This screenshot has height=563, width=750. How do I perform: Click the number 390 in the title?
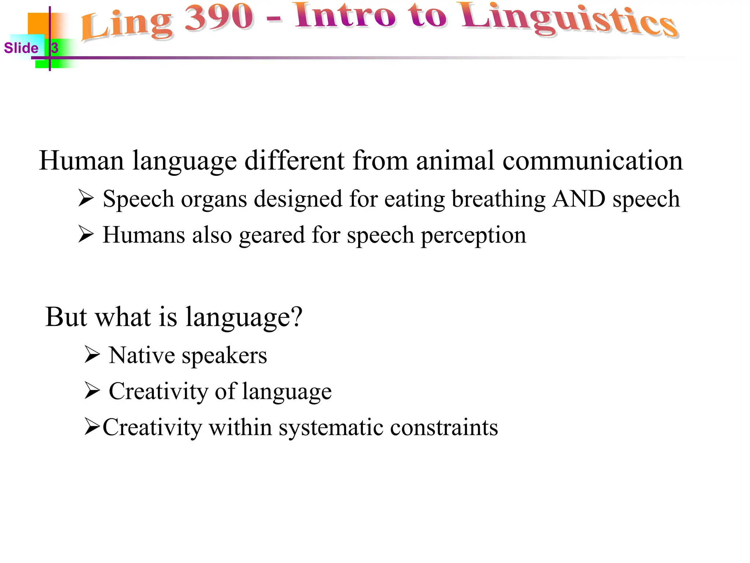pos(219,18)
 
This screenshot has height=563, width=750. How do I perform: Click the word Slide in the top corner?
pos(21,48)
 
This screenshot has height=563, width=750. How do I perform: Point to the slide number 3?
pos(55,48)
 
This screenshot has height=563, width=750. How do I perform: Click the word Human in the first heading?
pos(81,161)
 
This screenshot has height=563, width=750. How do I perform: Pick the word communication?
pos(593,161)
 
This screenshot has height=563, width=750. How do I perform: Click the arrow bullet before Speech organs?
pos(86,198)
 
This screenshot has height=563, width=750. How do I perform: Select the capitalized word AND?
pos(579,199)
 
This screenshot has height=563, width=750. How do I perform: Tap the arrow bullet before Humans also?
pos(86,234)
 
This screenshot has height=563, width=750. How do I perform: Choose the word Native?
pos(142,355)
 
